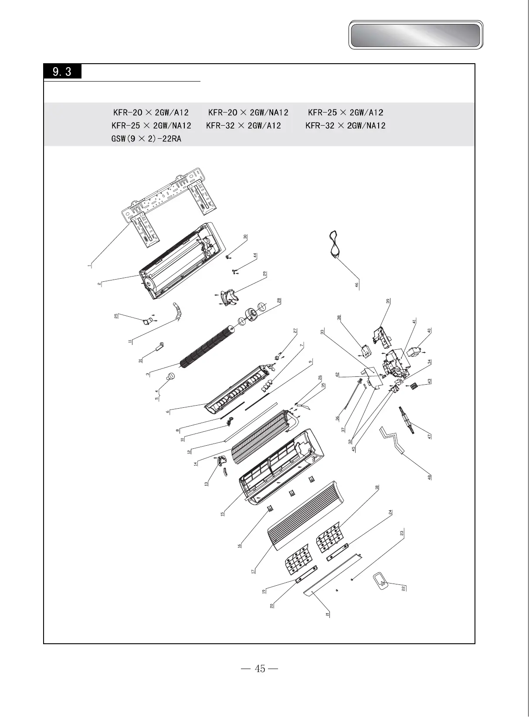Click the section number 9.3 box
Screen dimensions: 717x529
coord(62,71)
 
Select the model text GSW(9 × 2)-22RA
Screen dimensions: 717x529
coord(146,139)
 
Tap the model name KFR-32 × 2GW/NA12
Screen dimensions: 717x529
coord(346,126)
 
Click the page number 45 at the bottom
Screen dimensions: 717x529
coord(260,669)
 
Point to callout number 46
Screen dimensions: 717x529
coord(356,285)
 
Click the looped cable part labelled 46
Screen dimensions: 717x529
coord(335,245)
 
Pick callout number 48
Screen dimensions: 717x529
coord(430,477)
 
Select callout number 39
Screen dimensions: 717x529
coord(388,301)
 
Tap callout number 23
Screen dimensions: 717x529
coord(402,533)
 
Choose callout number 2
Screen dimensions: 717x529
coord(99,283)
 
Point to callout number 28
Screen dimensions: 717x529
coord(279,300)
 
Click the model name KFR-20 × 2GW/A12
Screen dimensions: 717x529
coord(151,113)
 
